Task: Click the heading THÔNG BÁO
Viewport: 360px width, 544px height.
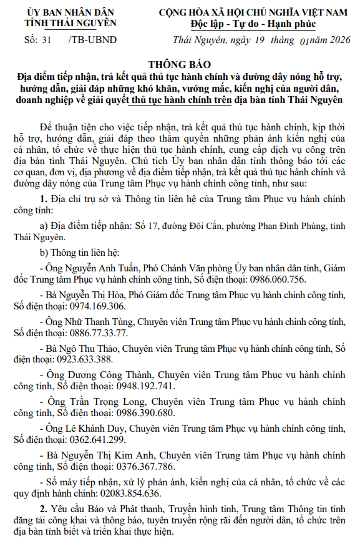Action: click(180, 65)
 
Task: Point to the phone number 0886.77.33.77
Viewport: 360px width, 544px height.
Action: click(94, 333)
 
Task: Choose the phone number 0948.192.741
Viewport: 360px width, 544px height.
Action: click(124, 386)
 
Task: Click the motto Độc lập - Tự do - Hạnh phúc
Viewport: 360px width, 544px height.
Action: click(253, 24)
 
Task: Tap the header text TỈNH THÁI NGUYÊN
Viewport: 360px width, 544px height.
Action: click(71, 23)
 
